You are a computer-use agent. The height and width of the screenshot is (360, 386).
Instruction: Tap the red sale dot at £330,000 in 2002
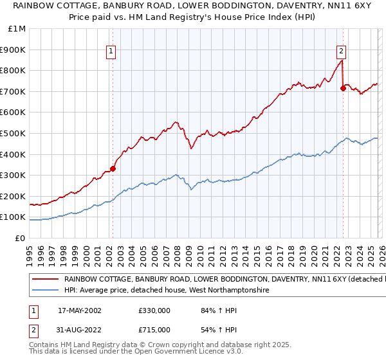[113, 169]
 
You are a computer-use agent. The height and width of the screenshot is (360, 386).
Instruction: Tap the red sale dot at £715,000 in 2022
[343, 89]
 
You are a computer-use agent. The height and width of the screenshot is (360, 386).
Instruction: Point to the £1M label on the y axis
[17, 29]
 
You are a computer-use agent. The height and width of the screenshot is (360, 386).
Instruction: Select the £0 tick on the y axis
[21, 238]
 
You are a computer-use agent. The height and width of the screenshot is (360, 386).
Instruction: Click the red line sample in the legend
[44, 280]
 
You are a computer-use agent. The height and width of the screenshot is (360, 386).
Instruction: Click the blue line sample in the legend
[44, 291]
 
